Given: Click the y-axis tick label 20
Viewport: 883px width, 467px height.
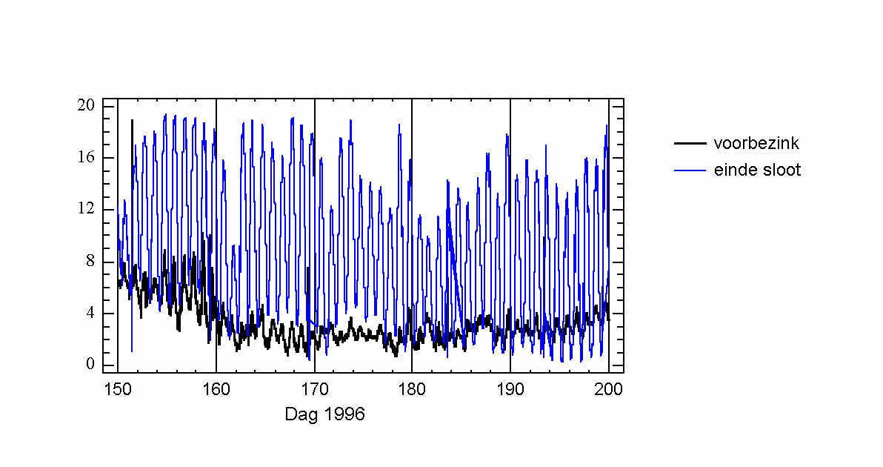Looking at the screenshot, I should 86,105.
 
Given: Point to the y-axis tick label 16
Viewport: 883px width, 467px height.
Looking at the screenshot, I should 86,157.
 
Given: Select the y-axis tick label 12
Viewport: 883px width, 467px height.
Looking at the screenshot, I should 86,209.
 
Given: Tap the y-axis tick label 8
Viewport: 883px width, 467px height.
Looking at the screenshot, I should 90,261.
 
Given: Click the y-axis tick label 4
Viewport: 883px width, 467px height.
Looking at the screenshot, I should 90,313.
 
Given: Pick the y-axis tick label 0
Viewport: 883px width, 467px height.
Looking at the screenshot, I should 90,364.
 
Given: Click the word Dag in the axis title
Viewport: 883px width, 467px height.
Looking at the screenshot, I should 300,414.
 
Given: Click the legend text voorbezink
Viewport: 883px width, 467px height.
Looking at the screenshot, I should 756,143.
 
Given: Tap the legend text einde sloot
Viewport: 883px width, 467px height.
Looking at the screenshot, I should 757,170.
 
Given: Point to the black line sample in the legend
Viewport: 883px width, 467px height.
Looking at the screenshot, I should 690,143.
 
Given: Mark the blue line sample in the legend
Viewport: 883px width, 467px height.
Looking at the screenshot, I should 690,170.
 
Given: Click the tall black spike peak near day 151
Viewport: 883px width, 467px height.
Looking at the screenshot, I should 133,121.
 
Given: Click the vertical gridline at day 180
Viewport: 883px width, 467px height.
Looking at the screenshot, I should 412,222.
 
